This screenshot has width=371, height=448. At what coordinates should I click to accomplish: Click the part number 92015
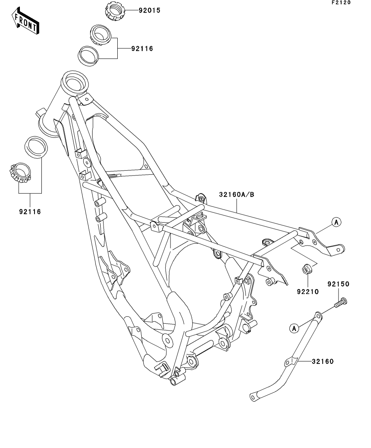149,11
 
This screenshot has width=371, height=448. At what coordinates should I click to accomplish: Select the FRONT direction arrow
26,21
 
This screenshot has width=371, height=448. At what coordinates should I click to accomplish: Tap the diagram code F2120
341,2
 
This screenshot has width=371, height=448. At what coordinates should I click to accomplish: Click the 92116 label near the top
142,49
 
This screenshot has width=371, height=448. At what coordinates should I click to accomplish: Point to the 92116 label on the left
30,212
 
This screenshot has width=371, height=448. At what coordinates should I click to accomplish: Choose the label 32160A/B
237,195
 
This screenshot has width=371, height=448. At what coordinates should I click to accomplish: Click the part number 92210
308,292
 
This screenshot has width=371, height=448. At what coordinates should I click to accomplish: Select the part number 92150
339,284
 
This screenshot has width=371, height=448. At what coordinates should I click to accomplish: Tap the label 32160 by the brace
323,361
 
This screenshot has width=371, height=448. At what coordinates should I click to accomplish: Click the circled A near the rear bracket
336,222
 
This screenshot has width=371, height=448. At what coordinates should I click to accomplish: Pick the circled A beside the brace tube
294,329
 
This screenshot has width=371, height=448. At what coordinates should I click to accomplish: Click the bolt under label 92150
341,303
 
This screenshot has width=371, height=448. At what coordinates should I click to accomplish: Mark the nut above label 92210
307,269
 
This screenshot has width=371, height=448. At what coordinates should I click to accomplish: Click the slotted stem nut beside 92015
115,11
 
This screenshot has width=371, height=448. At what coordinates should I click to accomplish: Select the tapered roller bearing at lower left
20,173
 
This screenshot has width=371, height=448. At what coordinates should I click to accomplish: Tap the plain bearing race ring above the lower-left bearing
36,147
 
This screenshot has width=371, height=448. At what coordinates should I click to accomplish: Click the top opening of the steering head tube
75,80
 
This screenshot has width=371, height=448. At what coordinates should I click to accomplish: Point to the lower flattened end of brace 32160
254,397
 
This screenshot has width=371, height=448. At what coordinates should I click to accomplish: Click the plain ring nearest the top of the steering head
88,56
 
